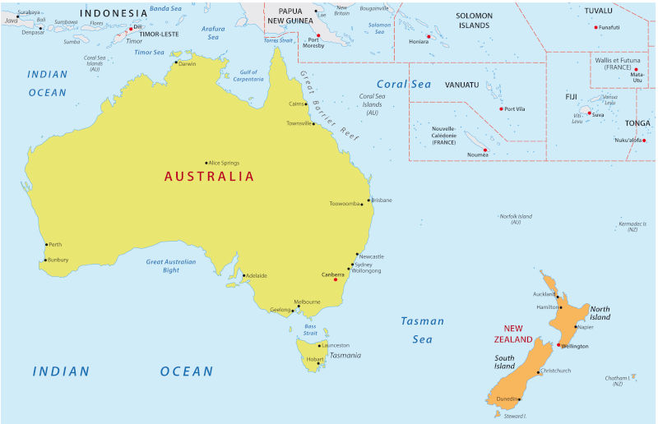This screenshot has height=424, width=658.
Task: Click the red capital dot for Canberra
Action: (x=336, y=280)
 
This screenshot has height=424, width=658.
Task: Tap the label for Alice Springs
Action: (x=225, y=163)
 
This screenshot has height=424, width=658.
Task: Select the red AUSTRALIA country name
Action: (x=209, y=176)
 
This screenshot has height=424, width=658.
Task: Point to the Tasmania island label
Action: (x=345, y=355)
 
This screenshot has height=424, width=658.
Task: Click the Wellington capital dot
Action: (x=558, y=345)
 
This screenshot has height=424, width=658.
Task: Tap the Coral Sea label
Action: (x=403, y=84)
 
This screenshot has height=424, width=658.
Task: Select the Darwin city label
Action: (x=188, y=63)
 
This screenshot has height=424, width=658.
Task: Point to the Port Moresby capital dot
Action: (x=318, y=36)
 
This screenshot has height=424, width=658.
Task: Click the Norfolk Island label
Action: (x=516, y=219)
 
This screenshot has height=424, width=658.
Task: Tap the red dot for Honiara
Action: (x=429, y=36)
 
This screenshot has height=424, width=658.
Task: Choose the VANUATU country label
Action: (x=461, y=84)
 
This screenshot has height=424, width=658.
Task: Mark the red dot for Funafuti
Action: (x=596, y=27)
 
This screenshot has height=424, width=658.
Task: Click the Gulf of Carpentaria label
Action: (x=248, y=76)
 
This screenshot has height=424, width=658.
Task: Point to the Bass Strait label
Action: (x=310, y=330)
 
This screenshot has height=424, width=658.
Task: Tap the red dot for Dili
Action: (x=129, y=28)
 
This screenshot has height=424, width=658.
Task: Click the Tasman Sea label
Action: (x=423, y=330)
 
